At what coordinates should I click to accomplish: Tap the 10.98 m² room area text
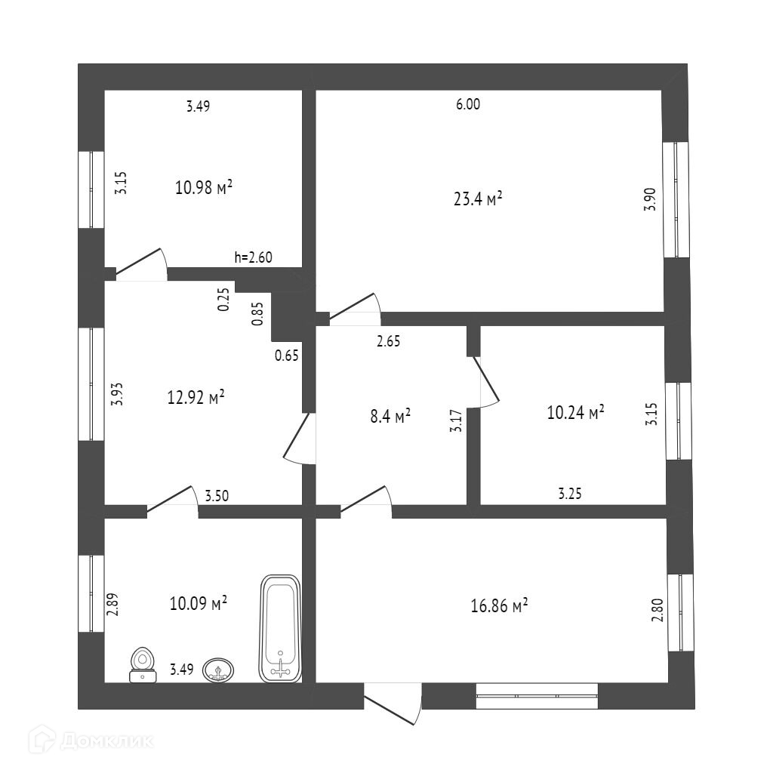203,187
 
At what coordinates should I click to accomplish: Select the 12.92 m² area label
196,397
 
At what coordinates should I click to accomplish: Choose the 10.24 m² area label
575,412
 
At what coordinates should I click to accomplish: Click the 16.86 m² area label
498,606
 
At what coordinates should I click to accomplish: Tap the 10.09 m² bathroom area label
199,603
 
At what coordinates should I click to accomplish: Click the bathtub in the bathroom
280,629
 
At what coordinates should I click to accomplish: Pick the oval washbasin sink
219,670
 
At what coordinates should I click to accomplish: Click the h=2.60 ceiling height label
253,257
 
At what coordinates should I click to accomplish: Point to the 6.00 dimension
468,105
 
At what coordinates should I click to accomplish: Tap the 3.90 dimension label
650,199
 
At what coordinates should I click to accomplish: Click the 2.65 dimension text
388,341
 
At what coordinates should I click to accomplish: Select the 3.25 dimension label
570,494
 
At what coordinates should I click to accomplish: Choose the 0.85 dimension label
258,313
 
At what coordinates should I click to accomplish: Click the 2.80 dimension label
656,609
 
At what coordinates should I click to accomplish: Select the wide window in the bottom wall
537,696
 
